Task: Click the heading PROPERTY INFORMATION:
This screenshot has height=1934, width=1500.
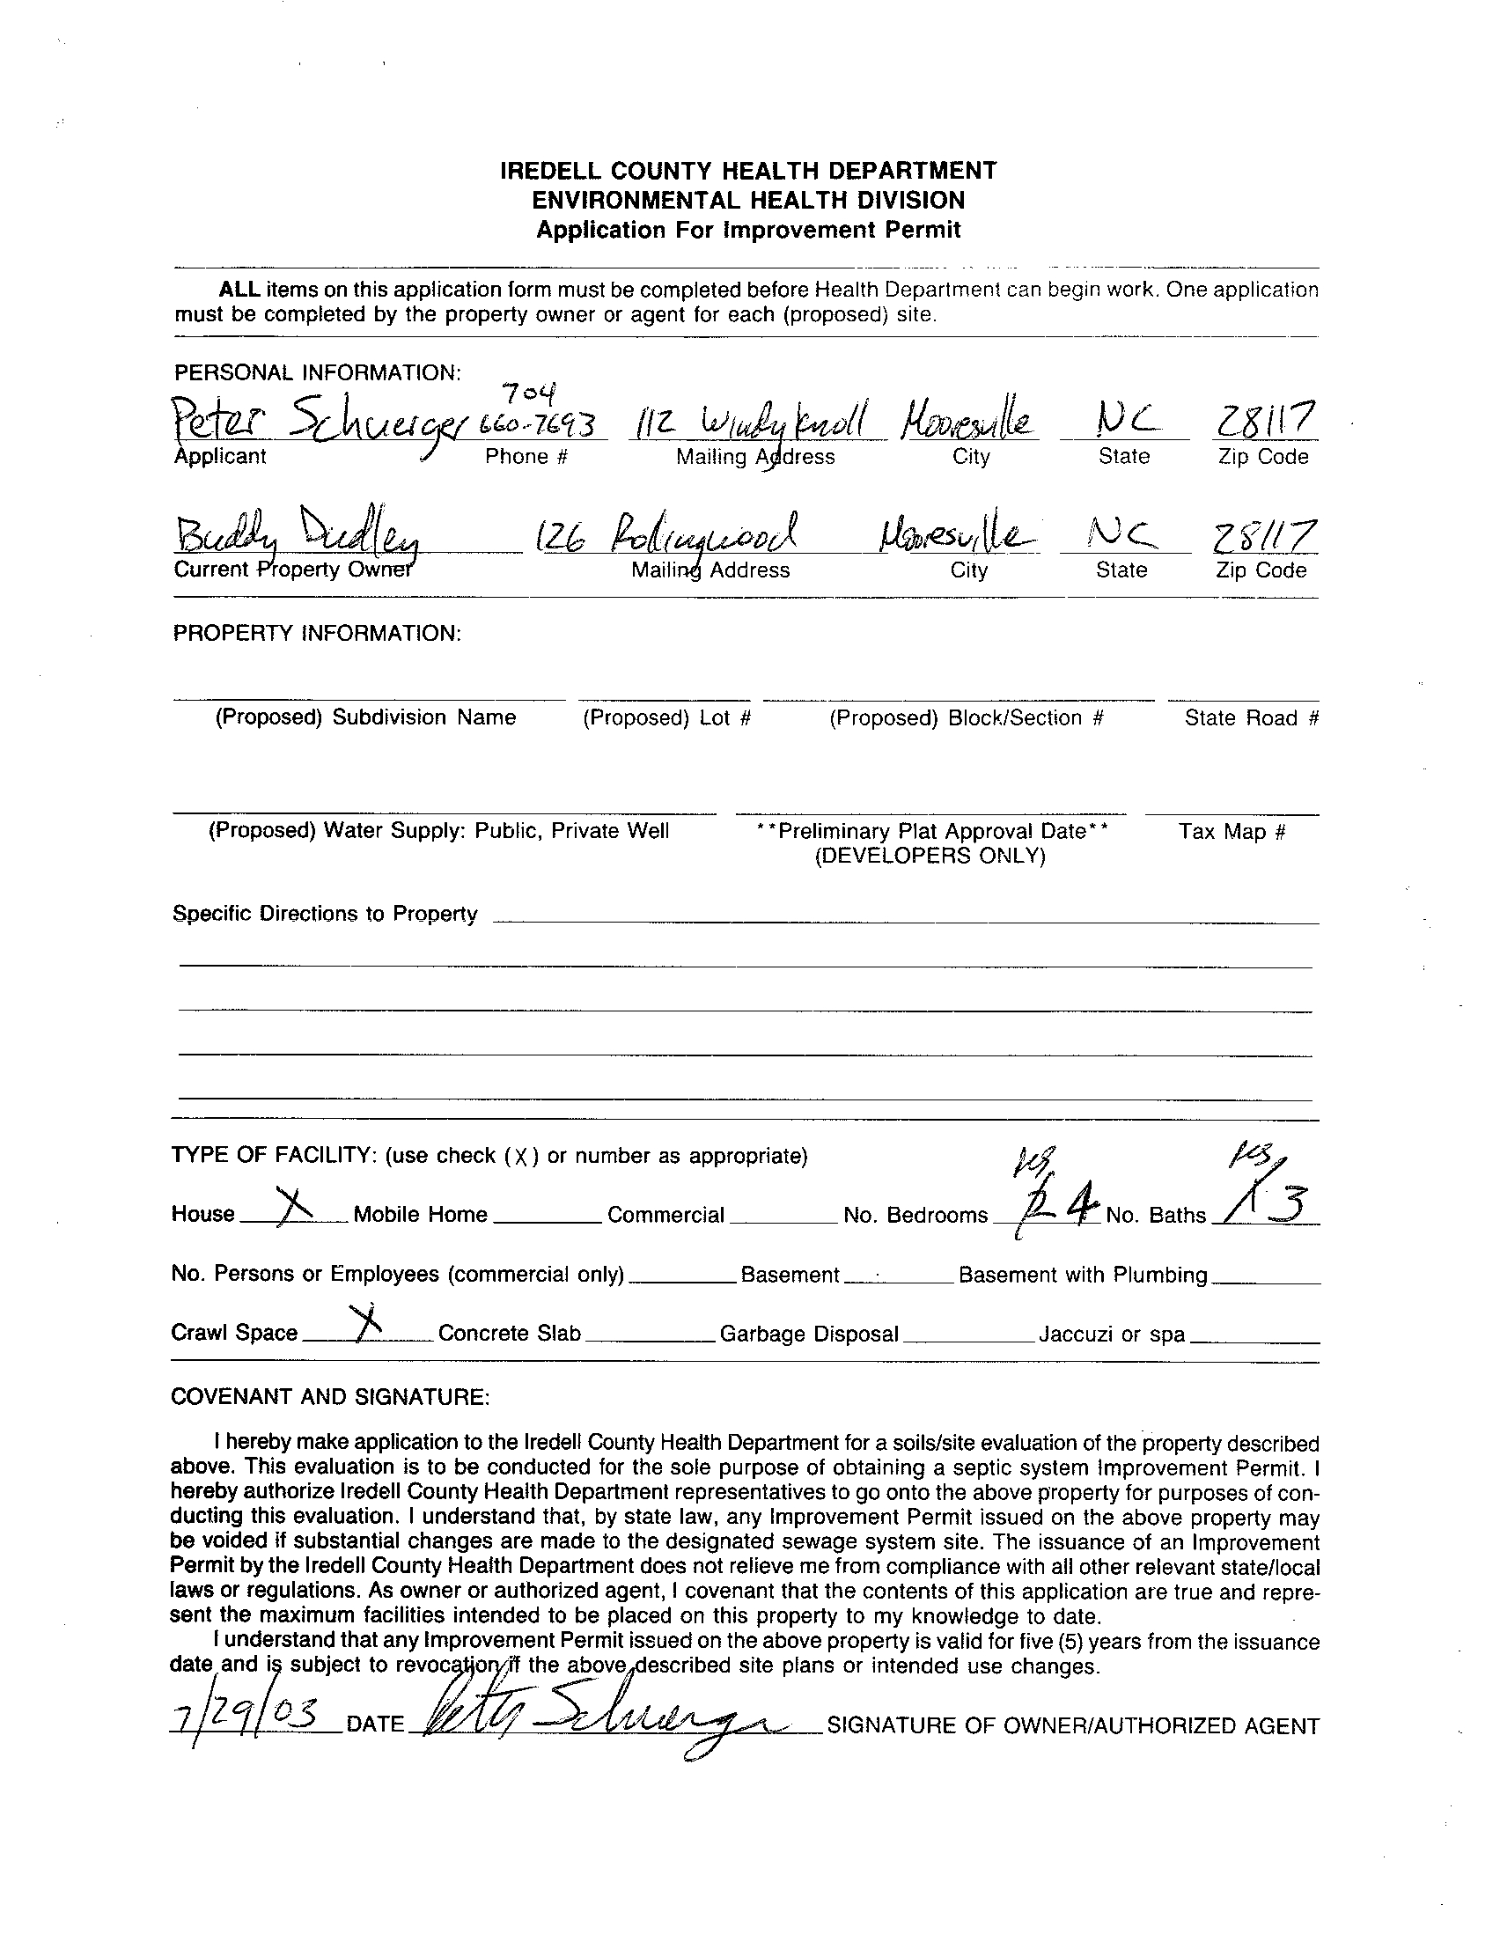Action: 317,633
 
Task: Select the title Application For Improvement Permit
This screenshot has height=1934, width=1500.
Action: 748,231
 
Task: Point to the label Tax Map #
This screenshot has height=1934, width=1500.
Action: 1232,832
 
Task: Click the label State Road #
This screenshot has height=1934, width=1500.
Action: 1251,718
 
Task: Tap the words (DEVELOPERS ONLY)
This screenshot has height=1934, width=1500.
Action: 930,857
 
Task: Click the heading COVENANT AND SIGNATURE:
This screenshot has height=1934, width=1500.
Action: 329,1397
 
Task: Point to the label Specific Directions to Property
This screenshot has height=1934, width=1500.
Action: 325,914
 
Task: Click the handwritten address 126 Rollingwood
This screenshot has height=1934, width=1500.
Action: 668,534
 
